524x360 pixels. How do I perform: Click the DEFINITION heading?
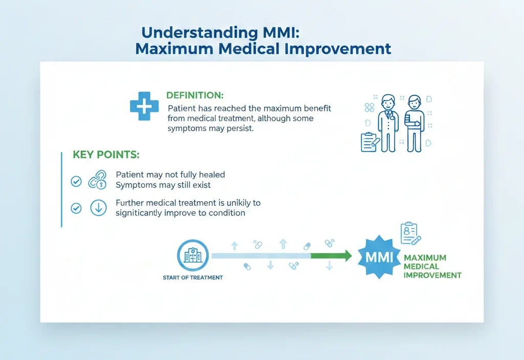point(195,96)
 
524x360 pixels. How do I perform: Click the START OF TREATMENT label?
point(192,278)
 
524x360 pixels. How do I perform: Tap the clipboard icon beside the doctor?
point(369,142)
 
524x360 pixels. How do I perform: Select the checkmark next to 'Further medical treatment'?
point(76,208)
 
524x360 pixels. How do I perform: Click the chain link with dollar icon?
point(97,180)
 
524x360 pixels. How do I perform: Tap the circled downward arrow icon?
point(98,208)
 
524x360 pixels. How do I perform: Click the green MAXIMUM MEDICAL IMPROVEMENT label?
point(432,266)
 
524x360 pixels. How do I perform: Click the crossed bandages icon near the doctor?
point(369,107)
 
